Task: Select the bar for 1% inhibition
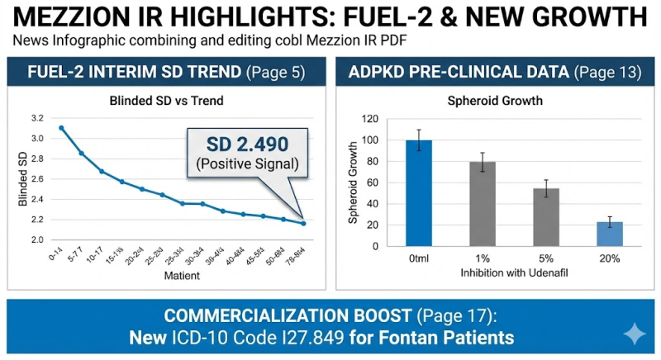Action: click(482, 203)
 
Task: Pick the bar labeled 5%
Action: click(546, 217)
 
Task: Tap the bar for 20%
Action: click(610, 234)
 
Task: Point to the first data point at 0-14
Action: click(62, 128)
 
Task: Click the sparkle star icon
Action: click(634, 334)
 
